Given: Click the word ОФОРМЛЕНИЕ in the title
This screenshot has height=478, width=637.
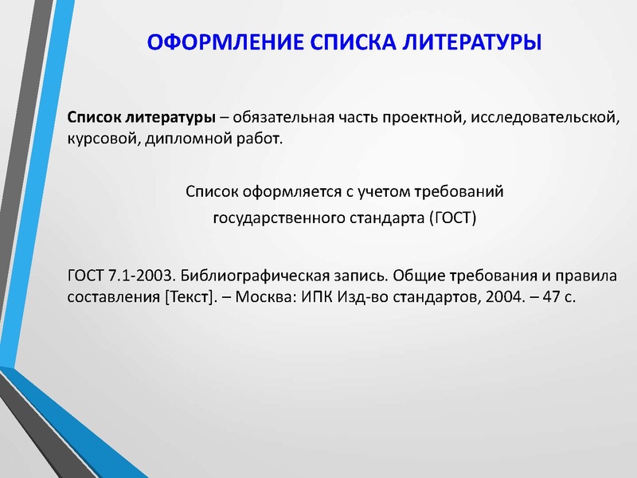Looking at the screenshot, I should (x=209, y=41).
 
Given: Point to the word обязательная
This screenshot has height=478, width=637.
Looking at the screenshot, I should (x=283, y=119).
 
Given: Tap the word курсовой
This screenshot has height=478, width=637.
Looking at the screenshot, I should (x=100, y=139).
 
